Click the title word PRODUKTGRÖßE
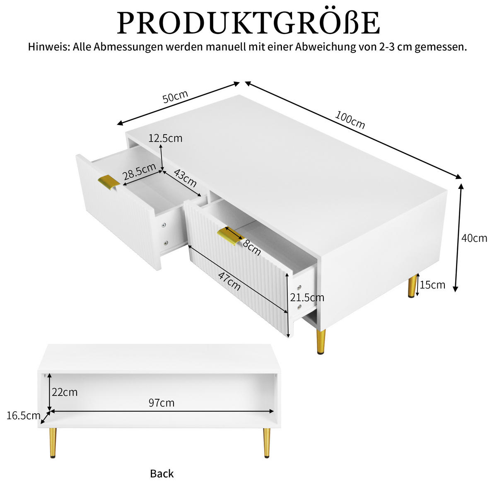248,23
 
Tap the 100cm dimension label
350,120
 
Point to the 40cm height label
474,238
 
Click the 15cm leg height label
432,285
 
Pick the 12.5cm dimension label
165,138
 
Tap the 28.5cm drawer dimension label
139,174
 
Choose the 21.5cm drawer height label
307,297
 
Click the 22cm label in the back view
65,392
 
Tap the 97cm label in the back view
162,403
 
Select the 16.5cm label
23,416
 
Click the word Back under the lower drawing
162,473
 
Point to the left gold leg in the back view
53,442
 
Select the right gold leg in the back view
267,442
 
